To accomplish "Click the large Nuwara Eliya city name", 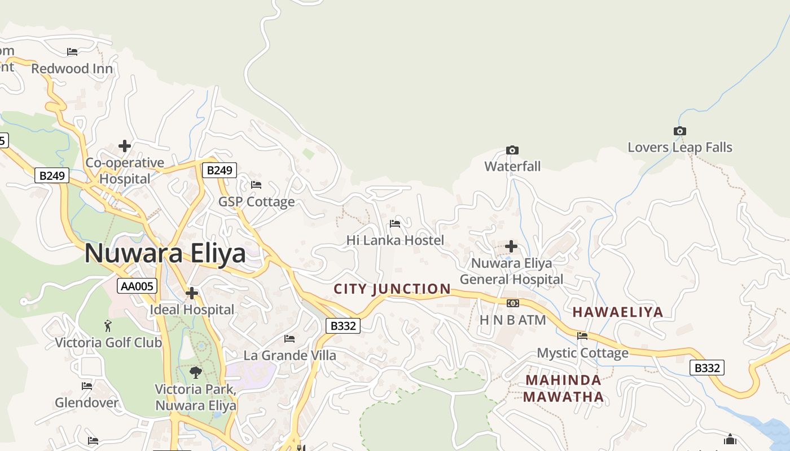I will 165,254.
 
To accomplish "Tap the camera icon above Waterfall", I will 512,150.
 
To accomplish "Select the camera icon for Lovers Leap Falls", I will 680,131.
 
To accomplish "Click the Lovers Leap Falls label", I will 680,148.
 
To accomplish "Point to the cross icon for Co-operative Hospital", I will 125,147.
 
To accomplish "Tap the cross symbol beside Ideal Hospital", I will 192,293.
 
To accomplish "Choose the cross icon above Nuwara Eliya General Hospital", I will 511,246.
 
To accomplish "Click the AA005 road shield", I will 137,286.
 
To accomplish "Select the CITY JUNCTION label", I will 392,289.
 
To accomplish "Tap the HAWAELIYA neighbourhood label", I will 618,312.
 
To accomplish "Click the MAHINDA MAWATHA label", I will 563,388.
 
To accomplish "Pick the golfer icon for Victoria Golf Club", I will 108,325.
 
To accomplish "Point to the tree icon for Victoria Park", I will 196,372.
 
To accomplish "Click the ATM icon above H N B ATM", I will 512,303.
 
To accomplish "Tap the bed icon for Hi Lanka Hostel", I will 395,224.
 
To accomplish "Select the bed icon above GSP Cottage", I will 256,184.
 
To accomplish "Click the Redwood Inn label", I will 72,69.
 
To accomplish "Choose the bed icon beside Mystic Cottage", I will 582,336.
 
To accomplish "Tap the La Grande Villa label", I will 289,356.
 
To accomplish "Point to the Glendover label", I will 87,403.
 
